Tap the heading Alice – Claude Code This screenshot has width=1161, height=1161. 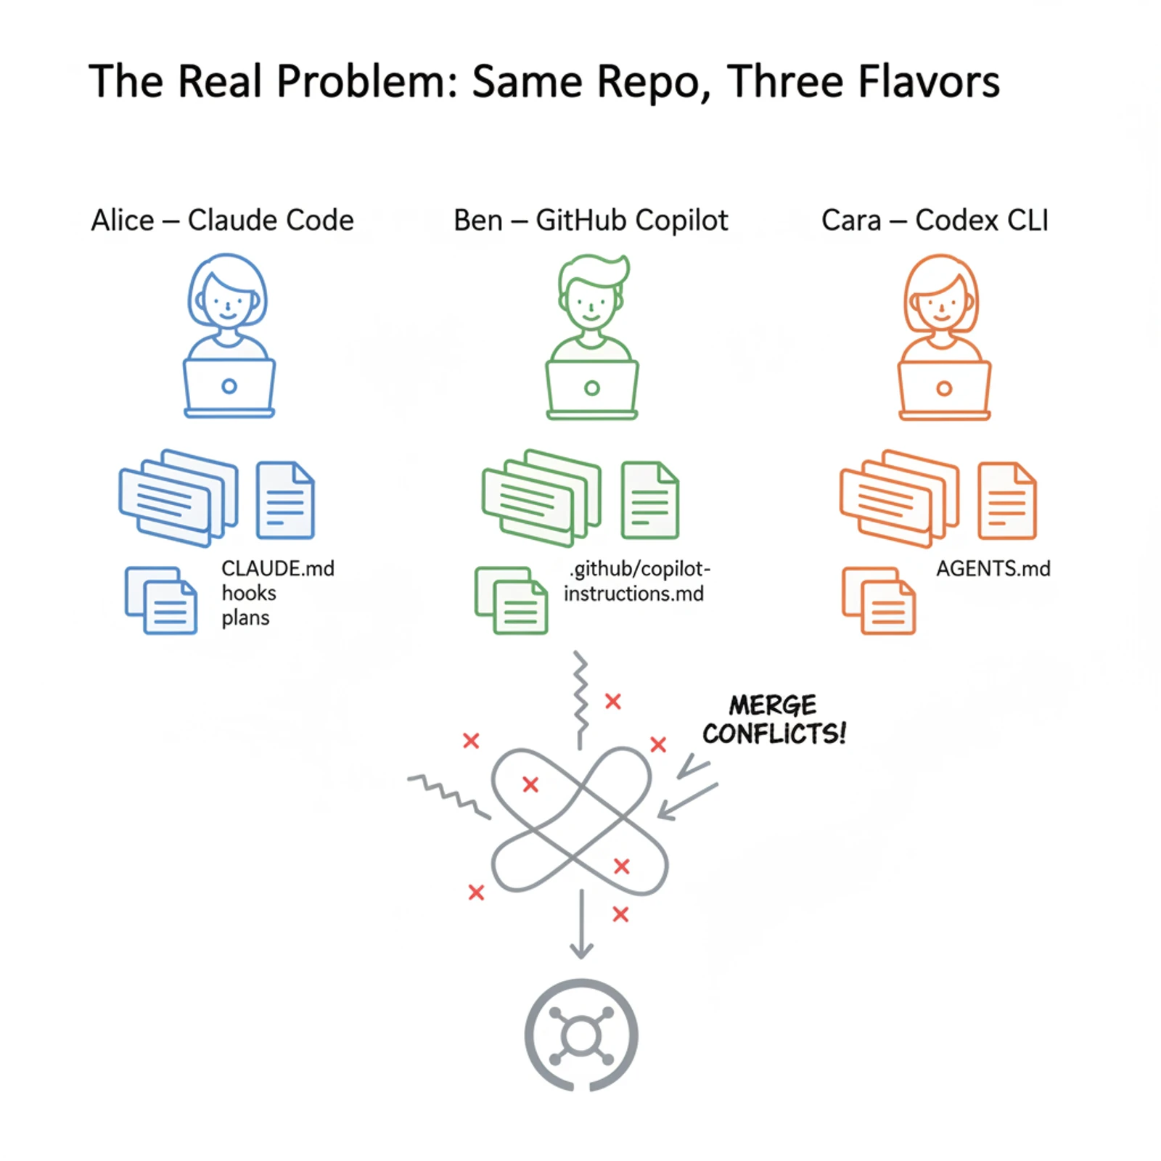click(x=222, y=221)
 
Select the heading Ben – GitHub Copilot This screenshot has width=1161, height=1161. click(x=591, y=221)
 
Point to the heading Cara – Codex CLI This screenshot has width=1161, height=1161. click(x=935, y=221)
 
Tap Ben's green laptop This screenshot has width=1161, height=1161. click(x=592, y=389)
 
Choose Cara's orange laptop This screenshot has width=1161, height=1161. click(x=944, y=390)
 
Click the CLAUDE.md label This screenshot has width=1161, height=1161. click(x=278, y=568)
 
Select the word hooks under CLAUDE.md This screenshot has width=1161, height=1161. click(x=249, y=594)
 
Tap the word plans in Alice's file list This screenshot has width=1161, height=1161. click(x=245, y=618)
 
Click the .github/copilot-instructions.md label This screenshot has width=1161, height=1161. click(x=636, y=581)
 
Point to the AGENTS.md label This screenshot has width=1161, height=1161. click(x=993, y=569)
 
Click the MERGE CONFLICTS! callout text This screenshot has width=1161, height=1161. click(x=774, y=720)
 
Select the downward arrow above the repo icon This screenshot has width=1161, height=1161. click(x=580, y=925)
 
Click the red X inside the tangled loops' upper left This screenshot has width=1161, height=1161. click(x=530, y=784)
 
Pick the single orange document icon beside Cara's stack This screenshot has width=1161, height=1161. click(x=1007, y=501)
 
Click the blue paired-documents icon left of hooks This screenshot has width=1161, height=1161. click(x=161, y=601)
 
